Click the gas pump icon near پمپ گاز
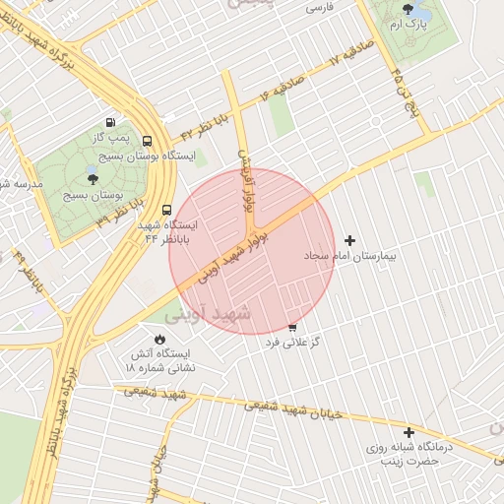tap(108, 121)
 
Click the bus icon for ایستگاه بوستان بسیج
tap(148, 141)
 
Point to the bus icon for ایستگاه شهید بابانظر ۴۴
tap(166, 210)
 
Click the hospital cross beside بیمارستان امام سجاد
tap(349, 240)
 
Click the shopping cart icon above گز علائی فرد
tap(292, 327)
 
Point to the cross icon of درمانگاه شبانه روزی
tap(409, 431)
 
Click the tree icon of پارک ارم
tap(408, 10)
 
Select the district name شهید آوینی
tap(209, 314)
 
